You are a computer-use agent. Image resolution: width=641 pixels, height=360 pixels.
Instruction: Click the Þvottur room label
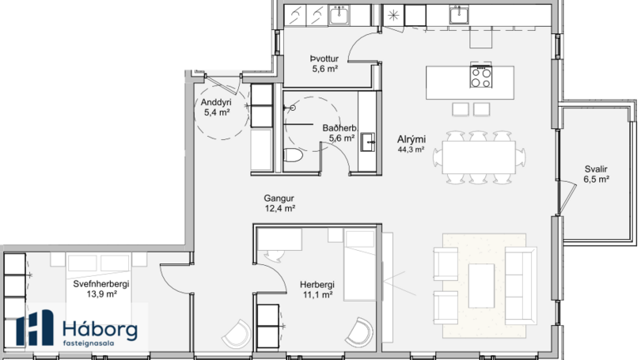(324, 59)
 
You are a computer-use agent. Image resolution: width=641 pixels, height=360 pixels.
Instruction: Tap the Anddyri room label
(216, 102)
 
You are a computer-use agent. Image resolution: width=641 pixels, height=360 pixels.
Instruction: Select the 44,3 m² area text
(411, 150)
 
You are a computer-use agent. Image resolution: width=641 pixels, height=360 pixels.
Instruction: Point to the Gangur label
(279, 198)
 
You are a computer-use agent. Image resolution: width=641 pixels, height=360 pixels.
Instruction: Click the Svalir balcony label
(596, 169)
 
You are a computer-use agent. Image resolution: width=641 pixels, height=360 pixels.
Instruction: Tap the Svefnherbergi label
(101, 283)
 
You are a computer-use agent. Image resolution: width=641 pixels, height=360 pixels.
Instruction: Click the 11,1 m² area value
(317, 294)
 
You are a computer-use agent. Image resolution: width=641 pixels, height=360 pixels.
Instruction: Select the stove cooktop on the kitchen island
(481, 78)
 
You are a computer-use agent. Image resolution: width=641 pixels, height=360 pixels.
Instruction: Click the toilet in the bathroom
(293, 156)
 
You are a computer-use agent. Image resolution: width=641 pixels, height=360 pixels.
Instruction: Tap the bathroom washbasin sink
(368, 142)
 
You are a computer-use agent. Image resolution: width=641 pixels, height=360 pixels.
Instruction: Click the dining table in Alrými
(479, 157)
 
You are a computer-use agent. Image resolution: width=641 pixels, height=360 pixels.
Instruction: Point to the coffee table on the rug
(481, 286)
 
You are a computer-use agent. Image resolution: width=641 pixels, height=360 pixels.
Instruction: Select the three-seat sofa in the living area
(521, 286)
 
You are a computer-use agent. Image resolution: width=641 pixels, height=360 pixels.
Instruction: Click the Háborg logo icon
(35, 328)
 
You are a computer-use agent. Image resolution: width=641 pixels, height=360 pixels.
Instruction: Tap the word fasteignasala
(89, 343)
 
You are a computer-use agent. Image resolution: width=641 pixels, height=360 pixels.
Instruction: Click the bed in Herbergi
(359, 265)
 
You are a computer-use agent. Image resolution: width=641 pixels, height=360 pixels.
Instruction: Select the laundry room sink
(339, 16)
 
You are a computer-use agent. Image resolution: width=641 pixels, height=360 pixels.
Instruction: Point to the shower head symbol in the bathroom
(292, 108)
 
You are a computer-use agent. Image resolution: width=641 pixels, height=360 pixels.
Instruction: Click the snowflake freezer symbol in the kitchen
(393, 16)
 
